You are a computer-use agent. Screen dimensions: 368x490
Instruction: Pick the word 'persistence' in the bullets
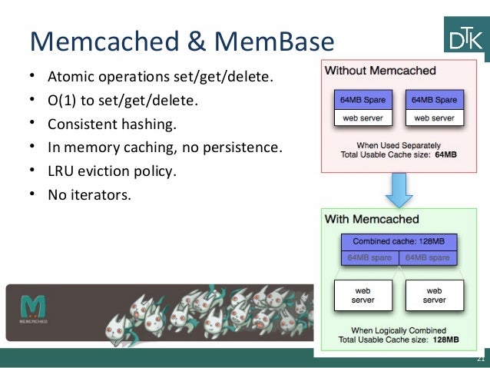click(x=246, y=147)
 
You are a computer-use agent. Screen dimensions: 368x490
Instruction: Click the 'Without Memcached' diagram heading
click(x=380, y=71)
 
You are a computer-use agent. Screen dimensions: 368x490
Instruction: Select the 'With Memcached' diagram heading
click(x=372, y=219)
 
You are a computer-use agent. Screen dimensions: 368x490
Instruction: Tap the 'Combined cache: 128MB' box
click(x=399, y=239)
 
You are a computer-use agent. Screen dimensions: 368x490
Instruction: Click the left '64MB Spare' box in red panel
click(x=363, y=100)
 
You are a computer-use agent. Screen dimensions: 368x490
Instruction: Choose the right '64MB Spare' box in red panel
click(x=434, y=100)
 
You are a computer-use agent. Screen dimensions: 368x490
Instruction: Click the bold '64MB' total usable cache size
click(x=445, y=154)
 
